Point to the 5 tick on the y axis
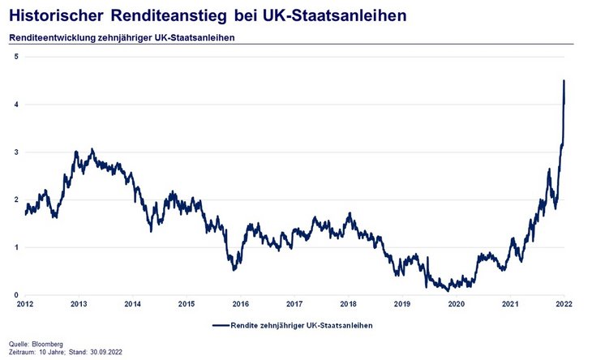[16, 56]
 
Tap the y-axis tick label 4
[16, 104]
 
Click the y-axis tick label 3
[16, 152]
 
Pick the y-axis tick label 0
[16, 295]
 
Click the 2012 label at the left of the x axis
[25, 305]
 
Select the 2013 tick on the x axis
[79, 305]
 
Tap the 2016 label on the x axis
[240, 305]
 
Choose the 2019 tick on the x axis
[401, 305]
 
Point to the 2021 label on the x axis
[509, 305]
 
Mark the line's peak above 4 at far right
[564, 81]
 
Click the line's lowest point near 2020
[448, 290]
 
